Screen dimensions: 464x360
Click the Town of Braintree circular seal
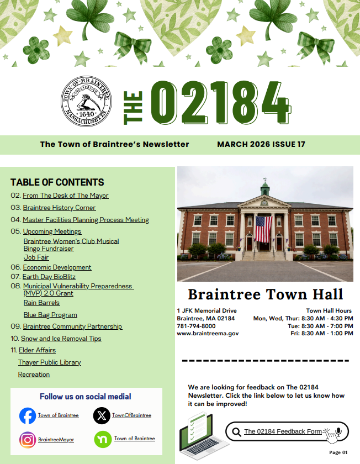click(86, 102)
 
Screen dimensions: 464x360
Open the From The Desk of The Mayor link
click(65, 196)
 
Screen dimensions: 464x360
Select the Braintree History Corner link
click(59, 208)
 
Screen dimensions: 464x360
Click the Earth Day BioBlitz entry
click(49, 276)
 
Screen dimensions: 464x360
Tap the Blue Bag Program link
click(50, 315)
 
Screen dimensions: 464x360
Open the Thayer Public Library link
click(49, 362)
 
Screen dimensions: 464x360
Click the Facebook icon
click(28, 415)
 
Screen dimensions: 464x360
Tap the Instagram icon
click(28, 440)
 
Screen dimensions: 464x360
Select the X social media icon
click(102, 415)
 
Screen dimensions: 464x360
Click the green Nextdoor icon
click(102, 439)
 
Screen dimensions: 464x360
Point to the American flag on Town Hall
click(263, 229)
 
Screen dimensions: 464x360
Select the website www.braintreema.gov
click(208, 334)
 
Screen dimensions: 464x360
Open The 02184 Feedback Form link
click(283, 431)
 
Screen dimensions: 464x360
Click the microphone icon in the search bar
click(338, 431)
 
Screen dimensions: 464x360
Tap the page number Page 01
click(338, 452)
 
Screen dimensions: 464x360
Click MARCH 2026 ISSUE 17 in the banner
click(261, 144)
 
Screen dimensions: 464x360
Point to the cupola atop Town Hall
click(265, 187)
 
